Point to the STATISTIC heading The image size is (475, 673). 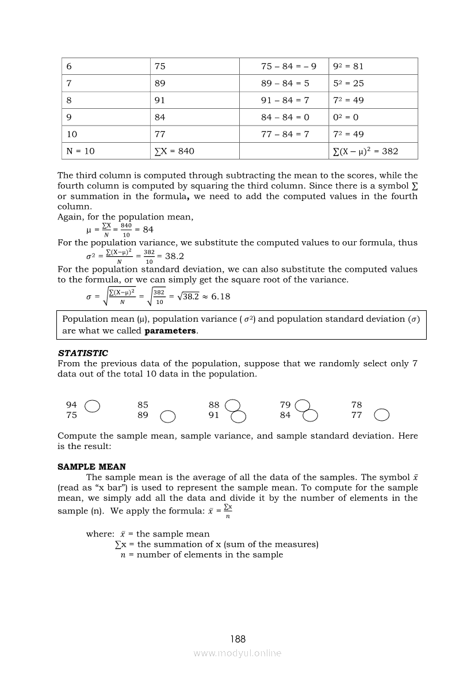[x=83, y=353]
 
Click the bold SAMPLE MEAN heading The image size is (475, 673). [x=91, y=467]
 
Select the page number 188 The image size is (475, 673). [x=237, y=639]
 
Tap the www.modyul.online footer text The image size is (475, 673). [x=237, y=653]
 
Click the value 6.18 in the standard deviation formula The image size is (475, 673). [x=221, y=296]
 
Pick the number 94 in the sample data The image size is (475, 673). [x=72, y=405]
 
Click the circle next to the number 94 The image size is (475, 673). [x=92, y=406]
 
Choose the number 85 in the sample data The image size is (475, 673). [x=143, y=405]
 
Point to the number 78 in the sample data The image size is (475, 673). [x=357, y=405]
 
